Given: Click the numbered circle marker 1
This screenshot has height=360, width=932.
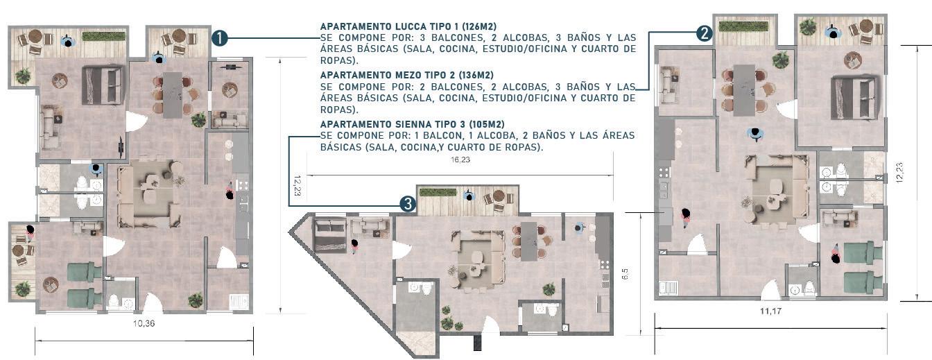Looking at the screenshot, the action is pos(220,38).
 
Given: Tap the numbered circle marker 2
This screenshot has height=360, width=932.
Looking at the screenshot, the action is pos(704,33).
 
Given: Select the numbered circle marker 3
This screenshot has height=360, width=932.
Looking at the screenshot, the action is pos(408,204).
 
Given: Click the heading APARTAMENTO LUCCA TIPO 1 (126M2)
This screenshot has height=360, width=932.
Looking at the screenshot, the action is pos(408,26).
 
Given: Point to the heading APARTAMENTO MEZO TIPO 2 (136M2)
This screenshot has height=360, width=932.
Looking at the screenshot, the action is pos(407,76).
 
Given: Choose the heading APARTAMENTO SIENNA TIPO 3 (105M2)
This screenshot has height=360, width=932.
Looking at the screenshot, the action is pos(413,124).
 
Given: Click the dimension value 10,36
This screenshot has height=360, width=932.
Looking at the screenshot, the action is pos(144,323).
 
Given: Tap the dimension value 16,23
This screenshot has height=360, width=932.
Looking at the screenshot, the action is pos(460,160).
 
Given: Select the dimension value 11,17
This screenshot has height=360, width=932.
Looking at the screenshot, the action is pos(770,311).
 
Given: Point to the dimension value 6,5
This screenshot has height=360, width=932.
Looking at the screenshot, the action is pos(625,273).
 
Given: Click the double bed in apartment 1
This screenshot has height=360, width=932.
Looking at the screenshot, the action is pos(103,85).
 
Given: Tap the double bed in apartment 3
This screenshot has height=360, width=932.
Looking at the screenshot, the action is pos(331,235).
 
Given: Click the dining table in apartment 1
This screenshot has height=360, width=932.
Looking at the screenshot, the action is pos(173,95).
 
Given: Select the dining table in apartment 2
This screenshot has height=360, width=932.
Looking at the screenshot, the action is pos(744,90).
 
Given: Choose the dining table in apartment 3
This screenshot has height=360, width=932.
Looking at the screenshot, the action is pos(529,241).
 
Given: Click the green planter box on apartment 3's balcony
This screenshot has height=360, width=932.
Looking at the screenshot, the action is pos(432,192).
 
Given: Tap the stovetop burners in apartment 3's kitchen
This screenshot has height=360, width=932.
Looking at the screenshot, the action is pos(604,264).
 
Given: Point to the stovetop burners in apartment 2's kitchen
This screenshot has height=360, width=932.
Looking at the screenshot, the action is pos(663,172).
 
